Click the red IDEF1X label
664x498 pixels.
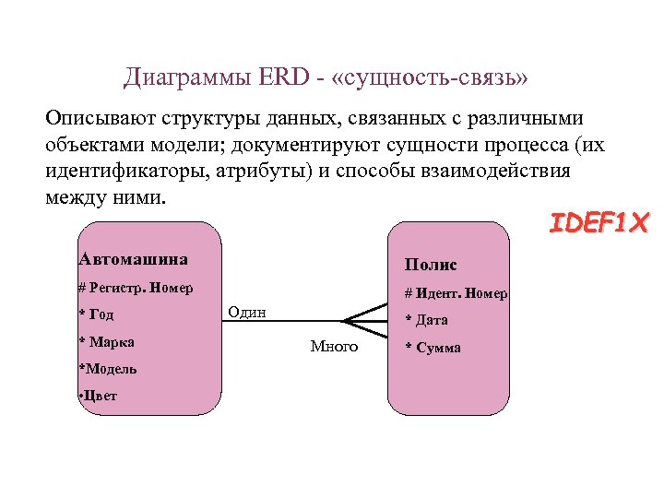pyautogui.click(x=599, y=223)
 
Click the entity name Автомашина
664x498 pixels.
pyautogui.click(x=134, y=259)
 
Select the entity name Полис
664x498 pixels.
pyautogui.click(x=431, y=265)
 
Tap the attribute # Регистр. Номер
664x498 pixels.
pyautogui.click(x=136, y=288)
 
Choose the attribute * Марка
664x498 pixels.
pyautogui.click(x=107, y=342)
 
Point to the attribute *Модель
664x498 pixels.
pyautogui.click(x=108, y=369)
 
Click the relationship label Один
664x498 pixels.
pyautogui.click(x=246, y=312)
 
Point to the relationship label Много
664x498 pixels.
pyautogui.click(x=334, y=347)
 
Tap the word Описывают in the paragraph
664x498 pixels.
pyautogui.click(x=98, y=120)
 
